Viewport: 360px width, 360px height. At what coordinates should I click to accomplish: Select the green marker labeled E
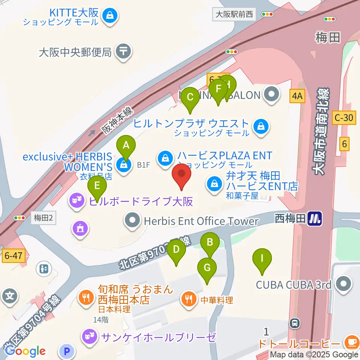coord(97,186)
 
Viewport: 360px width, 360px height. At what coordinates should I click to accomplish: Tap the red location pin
coord(181,175)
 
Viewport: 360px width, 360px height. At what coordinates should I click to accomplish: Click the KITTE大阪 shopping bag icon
coord(111,15)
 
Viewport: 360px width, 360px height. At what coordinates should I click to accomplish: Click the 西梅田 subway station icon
coord(314,219)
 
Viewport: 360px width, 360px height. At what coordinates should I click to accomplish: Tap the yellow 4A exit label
coord(297,96)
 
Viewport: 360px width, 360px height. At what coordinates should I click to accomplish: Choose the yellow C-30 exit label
coord(344,118)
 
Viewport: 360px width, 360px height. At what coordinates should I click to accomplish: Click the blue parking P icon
coord(67,351)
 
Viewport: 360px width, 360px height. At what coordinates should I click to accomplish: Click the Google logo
coord(25,351)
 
